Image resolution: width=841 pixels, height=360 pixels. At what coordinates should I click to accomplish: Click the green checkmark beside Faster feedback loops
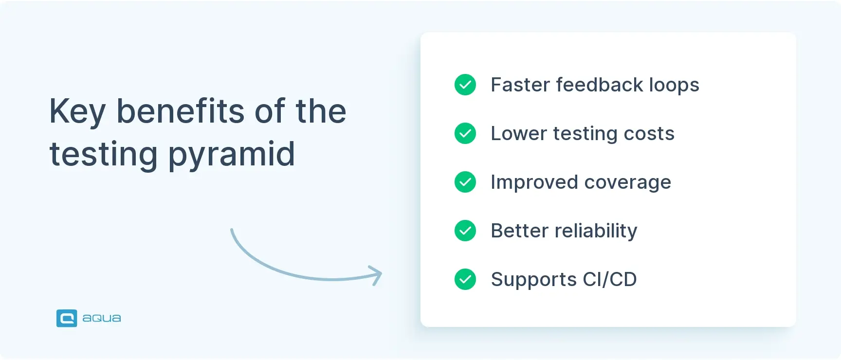[x=465, y=85]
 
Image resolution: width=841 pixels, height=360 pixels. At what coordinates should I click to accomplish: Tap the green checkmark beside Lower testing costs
[x=465, y=133]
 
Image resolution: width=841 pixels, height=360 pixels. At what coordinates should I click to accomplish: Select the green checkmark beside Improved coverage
[x=465, y=182]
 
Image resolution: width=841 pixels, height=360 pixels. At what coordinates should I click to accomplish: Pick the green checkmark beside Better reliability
[x=465, y=231]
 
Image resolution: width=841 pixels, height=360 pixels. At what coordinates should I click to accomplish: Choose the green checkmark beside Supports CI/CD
[x=465, y=279]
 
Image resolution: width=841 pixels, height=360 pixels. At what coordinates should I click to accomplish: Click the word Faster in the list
[x=520, y=85]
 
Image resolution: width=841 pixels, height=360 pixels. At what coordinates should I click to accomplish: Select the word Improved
[x=534, y=182]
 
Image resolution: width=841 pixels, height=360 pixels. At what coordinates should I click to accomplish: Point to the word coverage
[x=627, y=183]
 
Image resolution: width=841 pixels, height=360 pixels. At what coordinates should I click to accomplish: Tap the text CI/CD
[x=609, y=279]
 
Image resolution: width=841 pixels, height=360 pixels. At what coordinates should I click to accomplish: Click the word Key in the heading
[x=77, y=112]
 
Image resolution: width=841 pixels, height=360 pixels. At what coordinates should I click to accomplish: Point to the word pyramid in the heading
[x=232, y=155]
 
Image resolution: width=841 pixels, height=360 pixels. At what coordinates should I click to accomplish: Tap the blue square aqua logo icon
[x=67, y=318]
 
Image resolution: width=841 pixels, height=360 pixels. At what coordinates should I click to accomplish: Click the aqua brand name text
[x=102, y=318]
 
